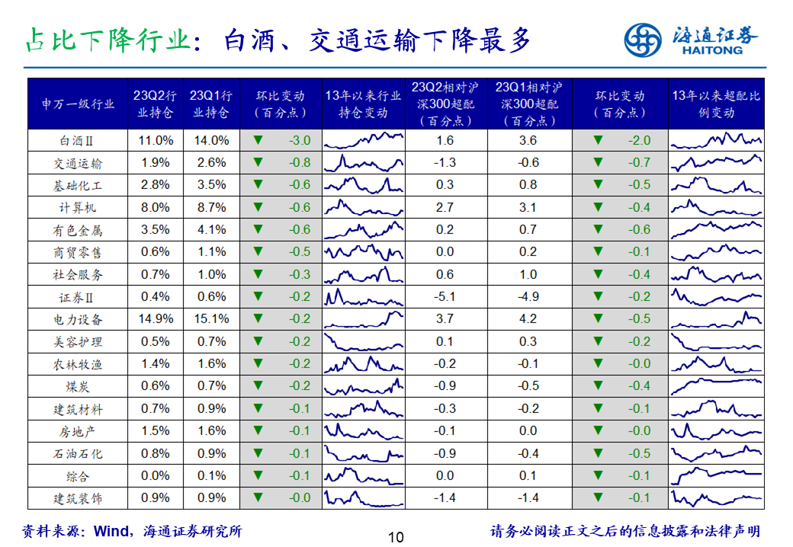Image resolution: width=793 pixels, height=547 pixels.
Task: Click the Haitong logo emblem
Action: tap(643, 40)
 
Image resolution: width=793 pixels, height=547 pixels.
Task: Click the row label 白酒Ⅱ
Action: tap(78, 141)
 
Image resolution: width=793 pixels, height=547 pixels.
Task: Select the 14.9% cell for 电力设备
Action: tap(156, 319)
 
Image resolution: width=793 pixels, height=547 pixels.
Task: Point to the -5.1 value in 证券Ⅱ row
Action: tap(445, 297)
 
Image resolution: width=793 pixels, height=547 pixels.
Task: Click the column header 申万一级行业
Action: tap(78, 104)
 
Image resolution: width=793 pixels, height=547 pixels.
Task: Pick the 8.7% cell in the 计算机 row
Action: tap(211, 207)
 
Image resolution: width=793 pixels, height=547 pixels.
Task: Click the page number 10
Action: tap(396, 537)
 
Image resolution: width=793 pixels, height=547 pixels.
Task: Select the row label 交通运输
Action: tap(78, 163)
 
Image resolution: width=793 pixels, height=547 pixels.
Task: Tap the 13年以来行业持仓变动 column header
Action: tap(363, 104)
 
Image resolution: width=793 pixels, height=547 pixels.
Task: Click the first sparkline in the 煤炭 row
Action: tap(363, 386)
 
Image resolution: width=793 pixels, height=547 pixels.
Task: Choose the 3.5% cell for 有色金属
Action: tap(156, 230)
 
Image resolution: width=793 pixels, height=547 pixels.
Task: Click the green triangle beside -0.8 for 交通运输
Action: tap(258, 163)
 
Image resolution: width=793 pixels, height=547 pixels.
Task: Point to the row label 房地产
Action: tap(78, 431)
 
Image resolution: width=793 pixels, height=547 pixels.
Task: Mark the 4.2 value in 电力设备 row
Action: tap(528, 319)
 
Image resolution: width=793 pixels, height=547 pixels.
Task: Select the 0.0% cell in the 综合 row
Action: tap(156, 476)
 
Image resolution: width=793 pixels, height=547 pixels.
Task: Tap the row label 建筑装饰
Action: tap(78, 498)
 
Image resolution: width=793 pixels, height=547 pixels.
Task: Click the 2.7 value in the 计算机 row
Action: tap(445, 207)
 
